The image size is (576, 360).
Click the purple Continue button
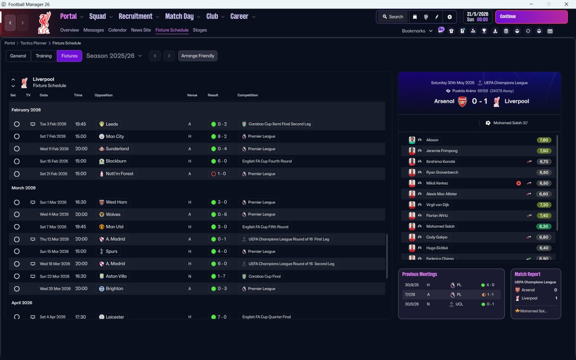point(531,17)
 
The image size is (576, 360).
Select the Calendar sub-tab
point(117,30)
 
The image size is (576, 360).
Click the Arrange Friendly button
point(198,56)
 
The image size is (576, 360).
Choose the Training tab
point(44,56)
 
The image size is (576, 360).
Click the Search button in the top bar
point(392,17)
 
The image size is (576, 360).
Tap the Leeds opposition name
point(112,124)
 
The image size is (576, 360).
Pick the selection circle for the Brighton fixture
point(17,289)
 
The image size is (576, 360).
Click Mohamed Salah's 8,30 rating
point(544,226)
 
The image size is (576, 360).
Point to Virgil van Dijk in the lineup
point(437,205)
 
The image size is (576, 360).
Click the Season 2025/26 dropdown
point(114,56)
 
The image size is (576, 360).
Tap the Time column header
point(78,95)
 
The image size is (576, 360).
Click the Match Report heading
point(527,274)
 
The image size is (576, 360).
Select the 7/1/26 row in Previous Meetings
point(451,294)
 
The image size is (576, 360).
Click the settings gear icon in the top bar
point(449,17)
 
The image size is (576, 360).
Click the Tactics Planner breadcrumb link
point(33,43)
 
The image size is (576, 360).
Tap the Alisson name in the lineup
point(432,140)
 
